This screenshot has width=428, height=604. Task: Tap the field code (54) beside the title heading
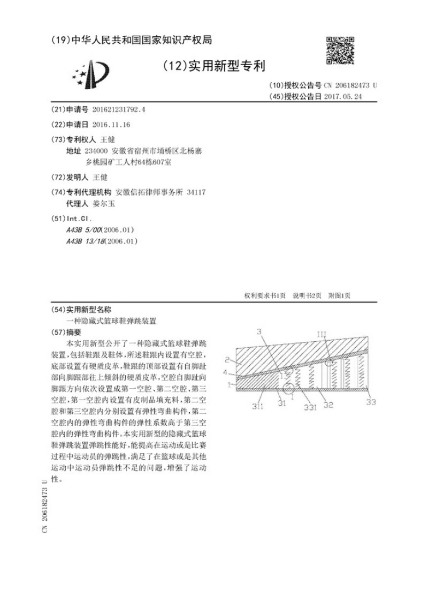pyautogui.click(x=57, y=309)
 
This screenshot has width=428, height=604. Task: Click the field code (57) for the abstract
pyautogui.click(x=57, y=331)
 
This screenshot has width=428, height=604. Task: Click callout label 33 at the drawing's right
pyautogui.click(x=371, y=402)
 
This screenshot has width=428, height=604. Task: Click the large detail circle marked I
pyautogui.click(x=290, y=387)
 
